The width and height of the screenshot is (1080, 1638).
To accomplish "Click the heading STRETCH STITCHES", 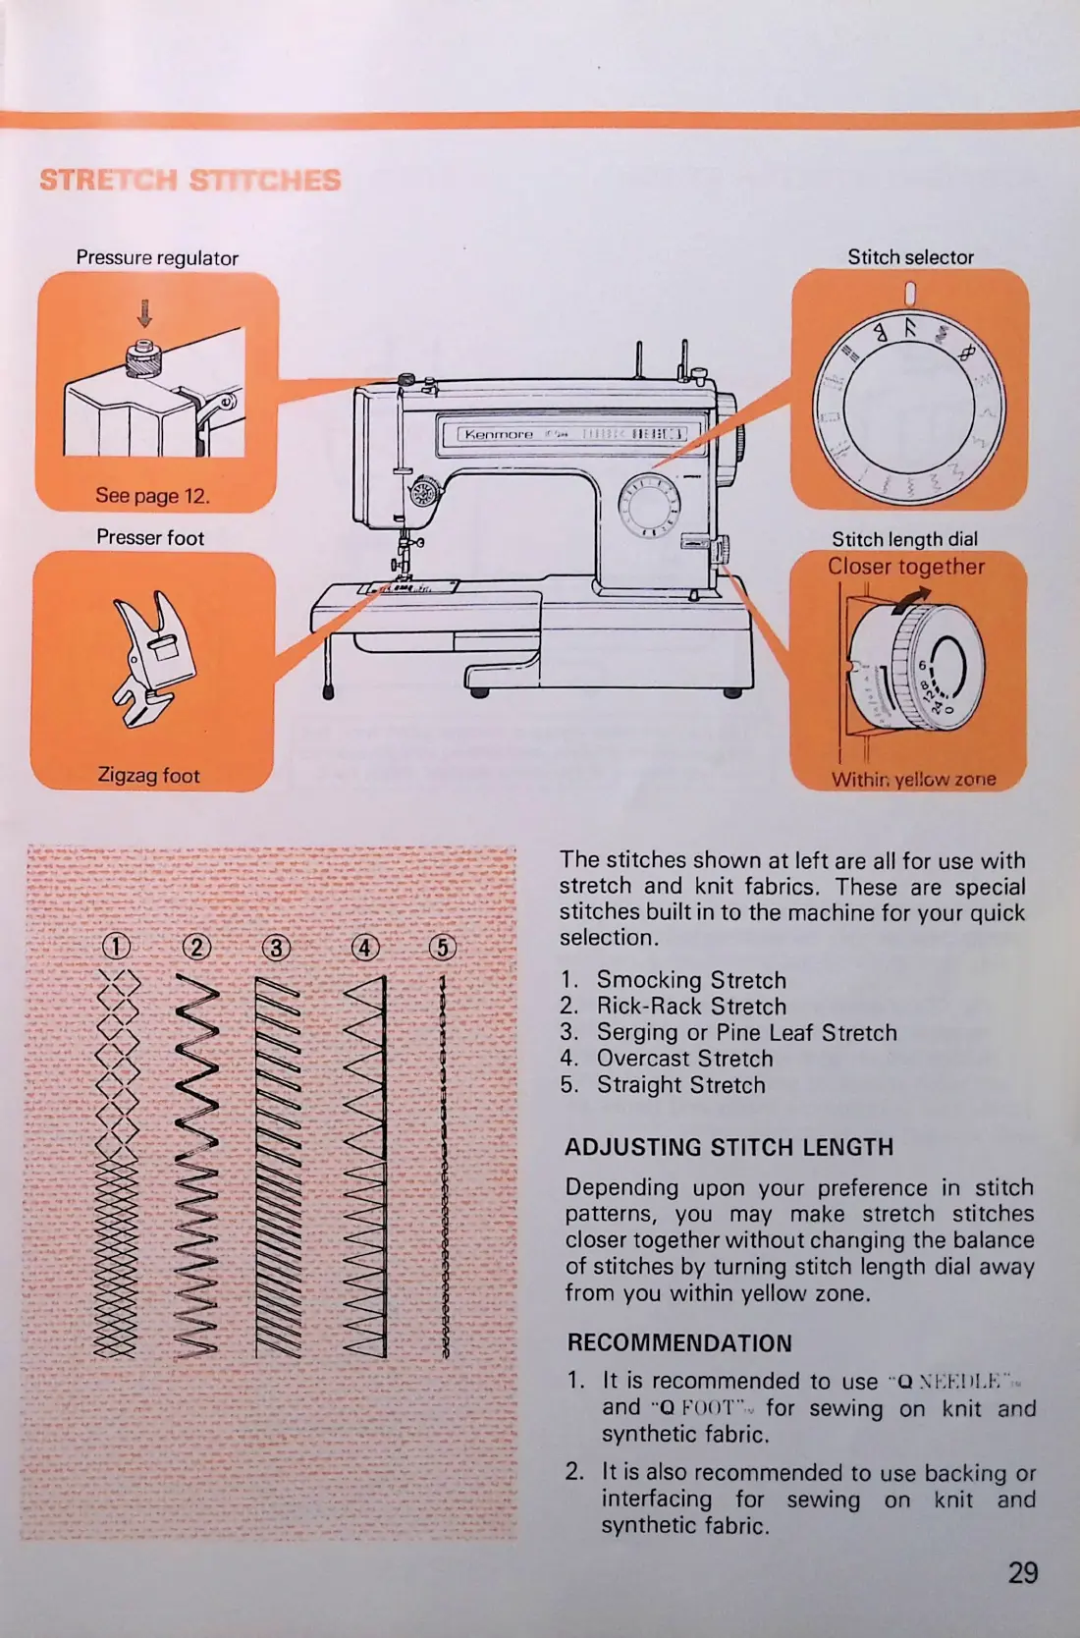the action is point(190,181).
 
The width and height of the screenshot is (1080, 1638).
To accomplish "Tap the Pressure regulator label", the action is point(157,258).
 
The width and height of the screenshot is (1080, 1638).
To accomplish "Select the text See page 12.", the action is point(152,496).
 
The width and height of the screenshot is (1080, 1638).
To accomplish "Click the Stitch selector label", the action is point(910,257).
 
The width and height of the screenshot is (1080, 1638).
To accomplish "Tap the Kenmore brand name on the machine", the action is point(499,434).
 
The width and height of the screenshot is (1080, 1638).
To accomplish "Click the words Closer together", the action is point(905,567).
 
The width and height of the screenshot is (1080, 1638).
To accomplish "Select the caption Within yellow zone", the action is point(913,780).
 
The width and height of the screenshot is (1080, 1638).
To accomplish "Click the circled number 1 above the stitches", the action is point(116,947).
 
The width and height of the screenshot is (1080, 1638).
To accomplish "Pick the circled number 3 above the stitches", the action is point(277,948).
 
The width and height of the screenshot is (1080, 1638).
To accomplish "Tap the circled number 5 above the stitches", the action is point(443,947).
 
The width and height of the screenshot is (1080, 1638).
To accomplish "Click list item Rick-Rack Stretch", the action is point(691,1007).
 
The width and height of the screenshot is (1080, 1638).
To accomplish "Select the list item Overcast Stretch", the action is point(684,1059).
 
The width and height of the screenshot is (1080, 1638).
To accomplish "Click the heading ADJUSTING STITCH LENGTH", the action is point(729,1147).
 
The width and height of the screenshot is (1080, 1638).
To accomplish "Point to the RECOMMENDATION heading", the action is point(679,1343).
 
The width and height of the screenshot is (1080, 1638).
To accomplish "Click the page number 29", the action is point(1022,1573).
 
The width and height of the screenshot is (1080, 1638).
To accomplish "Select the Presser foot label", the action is point(150,538).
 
